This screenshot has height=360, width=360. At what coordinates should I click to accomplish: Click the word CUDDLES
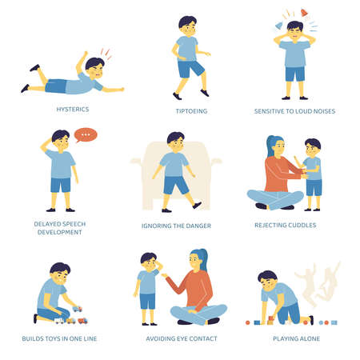click(x=299, y=225)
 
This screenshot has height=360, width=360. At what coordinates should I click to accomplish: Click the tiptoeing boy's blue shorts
click(x=190, y=68)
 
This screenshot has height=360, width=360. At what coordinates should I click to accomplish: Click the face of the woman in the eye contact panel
click(x=194, y=260)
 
